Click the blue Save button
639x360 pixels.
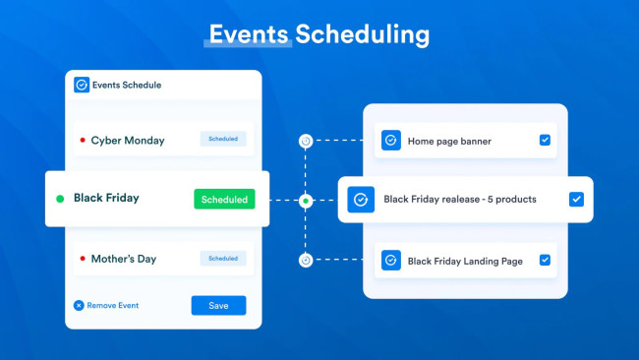[x=218, y=305]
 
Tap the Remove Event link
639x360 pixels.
[x=112, y=305]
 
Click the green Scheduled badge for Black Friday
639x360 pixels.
[x=224, y=199]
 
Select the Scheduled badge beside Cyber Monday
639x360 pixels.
[x=223, y=140]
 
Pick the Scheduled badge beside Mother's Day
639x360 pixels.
[x=223, y=259]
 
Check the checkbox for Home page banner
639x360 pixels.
[x=545, y=141]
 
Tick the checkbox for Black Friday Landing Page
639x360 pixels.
[x=545, y=261]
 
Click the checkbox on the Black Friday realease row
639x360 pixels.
[x=576, y=199]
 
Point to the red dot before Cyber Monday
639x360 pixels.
[x=83, y=141]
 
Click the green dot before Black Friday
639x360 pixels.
[x=60, y=199]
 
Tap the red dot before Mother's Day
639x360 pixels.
[x=83, y=260]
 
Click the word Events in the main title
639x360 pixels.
[x=247, y=34]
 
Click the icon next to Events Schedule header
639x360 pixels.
[x=82, y=85]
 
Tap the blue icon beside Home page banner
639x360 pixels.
[x=390, y=141]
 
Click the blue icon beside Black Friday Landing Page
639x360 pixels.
[x=390, y=261]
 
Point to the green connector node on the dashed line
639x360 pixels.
[x=306, y=201]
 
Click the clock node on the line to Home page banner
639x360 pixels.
[x=306, y=141]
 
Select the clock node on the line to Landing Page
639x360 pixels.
[x=306, y=261]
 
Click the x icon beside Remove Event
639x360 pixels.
[x=79, y=305]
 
